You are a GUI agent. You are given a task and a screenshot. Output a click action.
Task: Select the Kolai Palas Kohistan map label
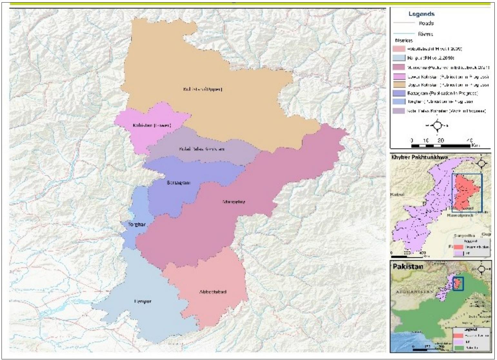point(201,149)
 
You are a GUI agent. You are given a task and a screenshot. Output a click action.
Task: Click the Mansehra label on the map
point(234,202)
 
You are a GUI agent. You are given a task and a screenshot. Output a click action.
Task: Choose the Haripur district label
point(142,301)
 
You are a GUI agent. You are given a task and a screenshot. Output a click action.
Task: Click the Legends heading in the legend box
point(421,14)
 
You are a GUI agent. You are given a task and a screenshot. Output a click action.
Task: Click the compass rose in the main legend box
point(436,125)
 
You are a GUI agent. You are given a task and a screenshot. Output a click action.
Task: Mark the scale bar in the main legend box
point(440,146)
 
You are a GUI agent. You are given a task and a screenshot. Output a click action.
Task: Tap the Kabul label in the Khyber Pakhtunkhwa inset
point(397,195)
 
